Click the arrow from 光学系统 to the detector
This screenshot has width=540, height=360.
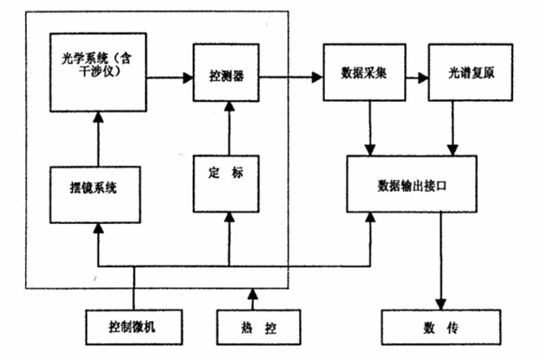(x=171, y=77)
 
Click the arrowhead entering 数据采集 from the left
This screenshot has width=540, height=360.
(x=317, y=77)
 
